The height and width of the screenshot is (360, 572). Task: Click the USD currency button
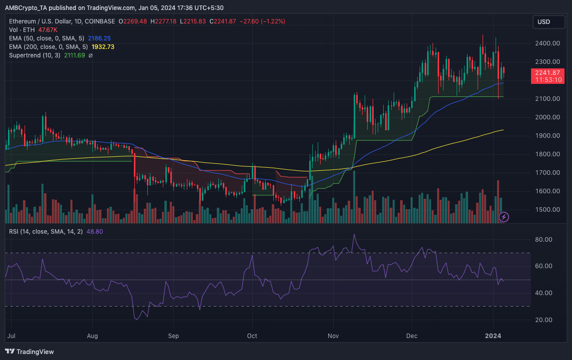point(544,21)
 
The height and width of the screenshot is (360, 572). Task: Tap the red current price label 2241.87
point(548,72)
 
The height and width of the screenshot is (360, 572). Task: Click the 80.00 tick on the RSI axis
point(543,240)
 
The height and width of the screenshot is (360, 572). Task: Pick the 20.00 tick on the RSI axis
point(543,320)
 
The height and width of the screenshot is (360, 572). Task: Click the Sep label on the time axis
point(173,336)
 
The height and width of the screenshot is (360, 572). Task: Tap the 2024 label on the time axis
point(493,336)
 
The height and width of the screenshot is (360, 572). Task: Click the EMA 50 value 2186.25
point(99,38)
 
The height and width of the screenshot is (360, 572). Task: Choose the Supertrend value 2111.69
point(74,55)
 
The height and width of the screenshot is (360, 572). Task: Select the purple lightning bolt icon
point(504,217)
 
